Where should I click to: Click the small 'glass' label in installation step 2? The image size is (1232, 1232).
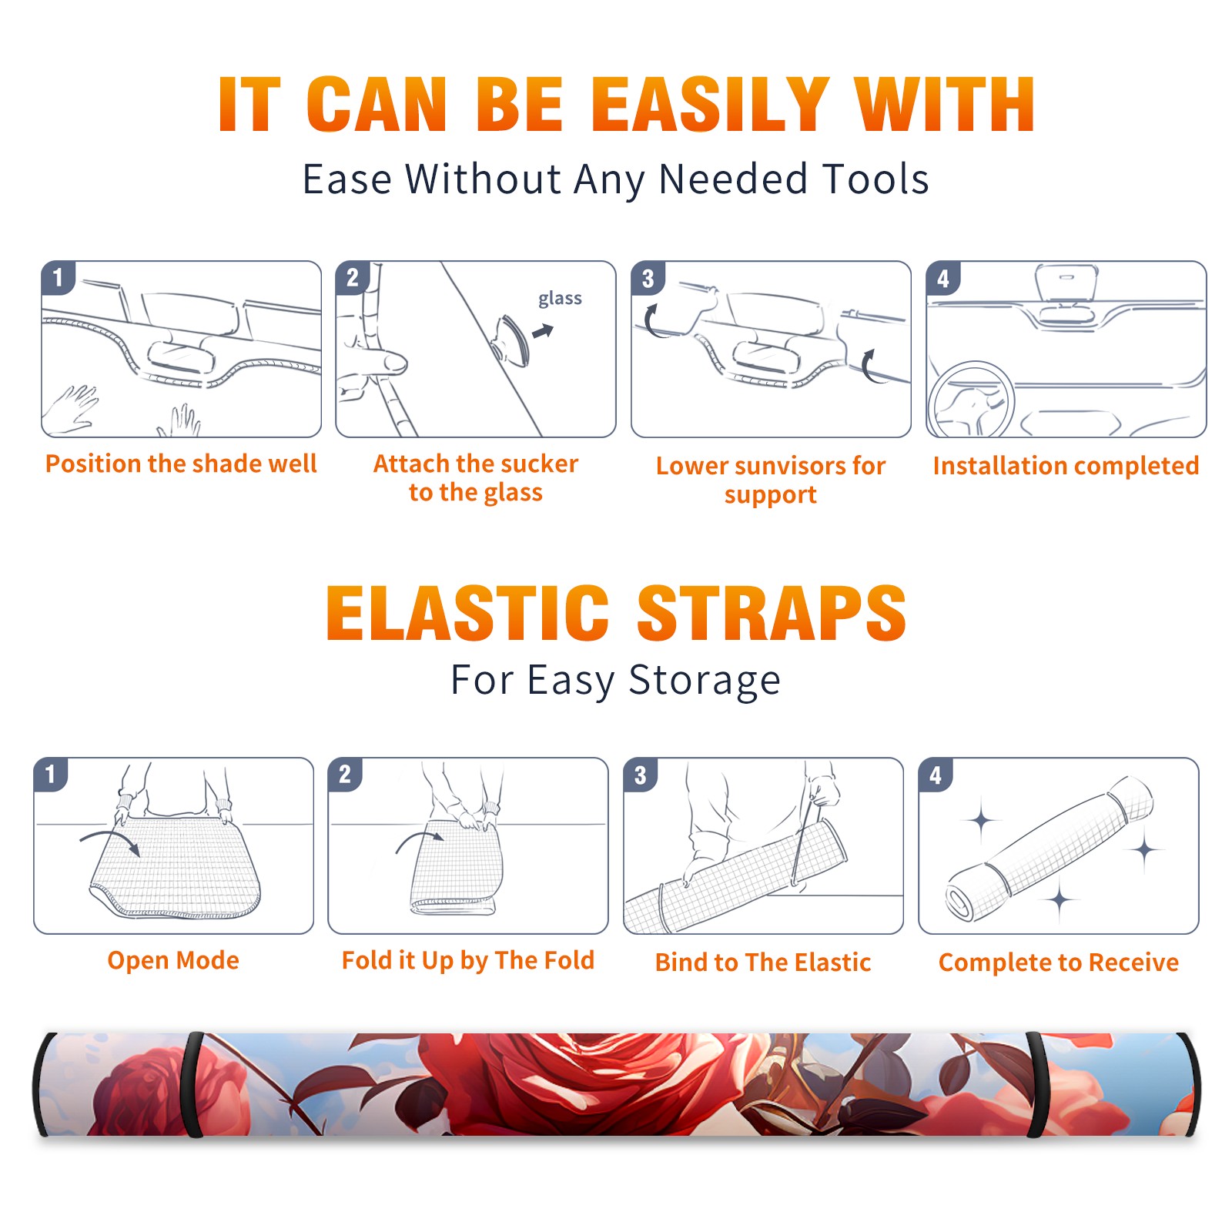point(560,299)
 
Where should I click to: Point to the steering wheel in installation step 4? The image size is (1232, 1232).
point(970,400)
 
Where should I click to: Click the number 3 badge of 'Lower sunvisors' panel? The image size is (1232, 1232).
point(648,278)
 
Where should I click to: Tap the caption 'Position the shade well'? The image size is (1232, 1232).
point(181,464)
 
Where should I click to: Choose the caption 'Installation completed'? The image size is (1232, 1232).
point(1066,465)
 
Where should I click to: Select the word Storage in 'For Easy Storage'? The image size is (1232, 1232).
point(705,681)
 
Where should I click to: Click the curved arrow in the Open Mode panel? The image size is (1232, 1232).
point(110,841)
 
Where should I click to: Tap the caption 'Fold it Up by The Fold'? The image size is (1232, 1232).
point(468,960)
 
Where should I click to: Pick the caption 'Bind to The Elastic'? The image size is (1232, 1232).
point(763,962)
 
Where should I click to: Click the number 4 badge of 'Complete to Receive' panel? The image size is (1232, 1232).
point(936,775)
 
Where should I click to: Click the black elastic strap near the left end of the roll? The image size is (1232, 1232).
point(191,1084)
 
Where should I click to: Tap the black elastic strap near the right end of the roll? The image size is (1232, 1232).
point(1037,1084)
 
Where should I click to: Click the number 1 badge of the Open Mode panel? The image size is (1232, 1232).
point(51,775)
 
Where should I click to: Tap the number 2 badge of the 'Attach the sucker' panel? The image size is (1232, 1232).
point(353,278)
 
